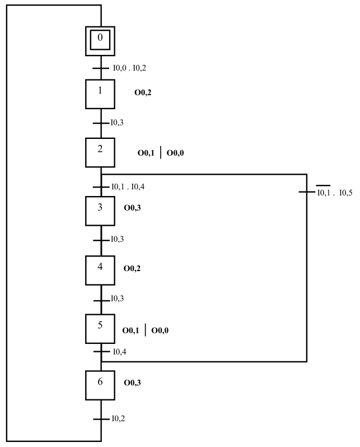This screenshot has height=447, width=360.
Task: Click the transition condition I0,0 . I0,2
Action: (129, 68)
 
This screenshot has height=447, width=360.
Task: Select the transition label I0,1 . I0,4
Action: (128, 187)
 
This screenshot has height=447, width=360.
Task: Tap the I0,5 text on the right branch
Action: (346, 193)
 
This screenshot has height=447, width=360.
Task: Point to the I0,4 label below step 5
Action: (119, 352)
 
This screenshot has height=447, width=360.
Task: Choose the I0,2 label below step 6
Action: (118, 418)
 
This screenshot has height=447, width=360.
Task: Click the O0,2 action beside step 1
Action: (143, 92)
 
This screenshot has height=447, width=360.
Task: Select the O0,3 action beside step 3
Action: (132, 208)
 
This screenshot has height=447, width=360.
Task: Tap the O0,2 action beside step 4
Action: (132, 268)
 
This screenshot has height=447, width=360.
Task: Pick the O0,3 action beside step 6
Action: (132, 383)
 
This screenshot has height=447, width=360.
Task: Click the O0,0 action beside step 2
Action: (175, 153)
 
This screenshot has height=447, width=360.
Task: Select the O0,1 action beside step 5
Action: (130, 330)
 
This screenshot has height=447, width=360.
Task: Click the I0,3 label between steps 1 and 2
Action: (117, 123)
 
